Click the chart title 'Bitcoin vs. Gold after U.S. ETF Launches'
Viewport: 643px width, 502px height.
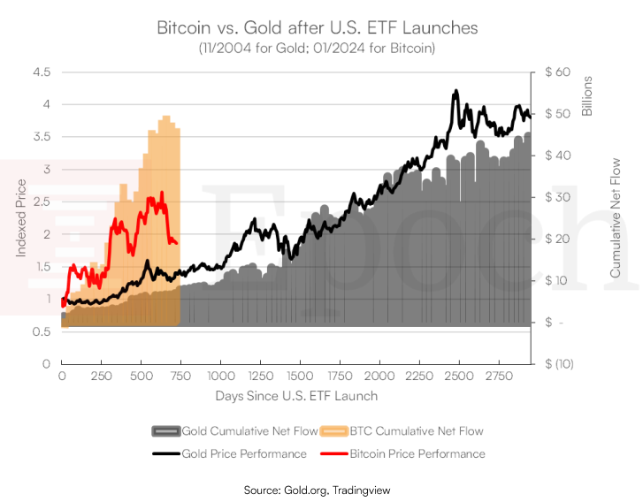[x=317, y=27]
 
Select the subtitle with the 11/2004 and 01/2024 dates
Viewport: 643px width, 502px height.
[x=317, y=48]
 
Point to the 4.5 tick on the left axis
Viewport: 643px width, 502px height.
[x=42, y=72]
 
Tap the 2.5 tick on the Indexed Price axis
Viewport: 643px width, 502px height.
[x=42, y=202]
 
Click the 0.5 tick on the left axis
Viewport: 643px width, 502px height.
[x=42, y=331]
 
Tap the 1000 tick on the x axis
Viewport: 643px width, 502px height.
[x=220, y=376]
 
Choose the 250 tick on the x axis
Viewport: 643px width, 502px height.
[x=101, y=376]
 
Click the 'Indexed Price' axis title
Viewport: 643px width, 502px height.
[x=21, y=217]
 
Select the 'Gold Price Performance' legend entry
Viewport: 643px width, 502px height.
[x=231, y=453]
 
